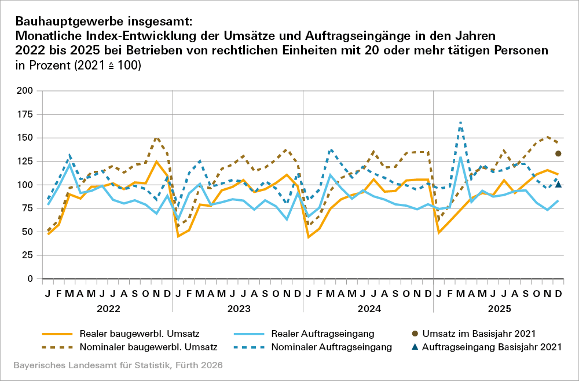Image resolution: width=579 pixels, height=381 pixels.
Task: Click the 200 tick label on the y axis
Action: click(25, 91)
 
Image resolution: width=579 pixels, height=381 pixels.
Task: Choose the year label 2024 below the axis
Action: click(368, 309)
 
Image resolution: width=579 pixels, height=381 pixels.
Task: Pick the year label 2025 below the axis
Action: click(499, 309)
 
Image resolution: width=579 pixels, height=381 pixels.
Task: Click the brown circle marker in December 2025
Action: click(558, 153)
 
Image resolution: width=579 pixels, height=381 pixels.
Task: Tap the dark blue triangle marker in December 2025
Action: click(558, 185)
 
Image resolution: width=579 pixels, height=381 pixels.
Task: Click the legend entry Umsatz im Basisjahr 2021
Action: click(486, 334)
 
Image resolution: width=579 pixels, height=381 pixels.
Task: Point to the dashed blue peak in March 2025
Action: click(460, 123)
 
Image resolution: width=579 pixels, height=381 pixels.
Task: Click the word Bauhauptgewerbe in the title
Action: click(60, 21)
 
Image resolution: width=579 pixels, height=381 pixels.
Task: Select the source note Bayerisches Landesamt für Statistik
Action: click(116, 366)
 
